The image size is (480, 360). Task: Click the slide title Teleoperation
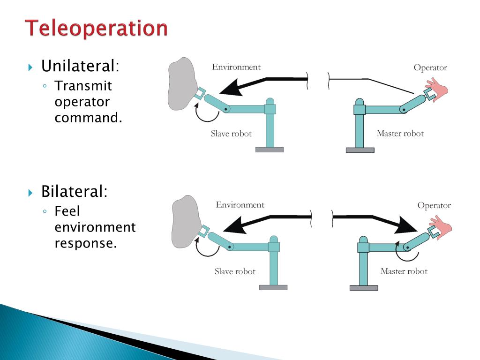click(96, 28)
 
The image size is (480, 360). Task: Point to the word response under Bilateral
click(84, 243)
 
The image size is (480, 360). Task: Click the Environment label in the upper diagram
click(236, 67)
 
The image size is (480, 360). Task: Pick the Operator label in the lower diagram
click(434, 205)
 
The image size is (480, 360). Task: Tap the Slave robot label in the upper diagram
click(231, 134)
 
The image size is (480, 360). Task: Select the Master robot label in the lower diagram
click(404, 271)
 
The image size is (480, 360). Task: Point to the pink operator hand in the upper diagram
click(438, 88)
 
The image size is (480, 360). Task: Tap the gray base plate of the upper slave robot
click(270, 150)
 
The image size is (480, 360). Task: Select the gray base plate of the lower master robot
click(364, 288)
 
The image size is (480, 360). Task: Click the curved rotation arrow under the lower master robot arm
click(402, 253)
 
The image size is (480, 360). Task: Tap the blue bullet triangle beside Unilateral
click(31, 67)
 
